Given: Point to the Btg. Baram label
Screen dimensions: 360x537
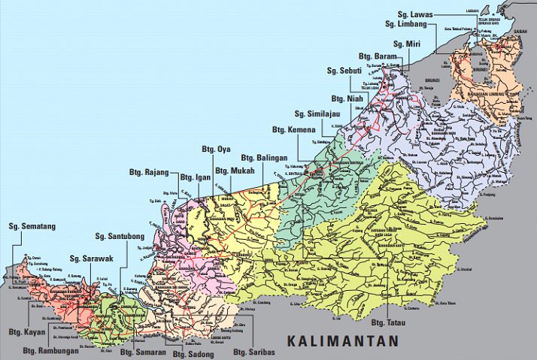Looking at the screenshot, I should click(x=378, y=57).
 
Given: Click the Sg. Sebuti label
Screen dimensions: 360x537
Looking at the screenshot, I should click(x=345, y=71).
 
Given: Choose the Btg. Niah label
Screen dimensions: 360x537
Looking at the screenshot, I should click(x=347, y=98).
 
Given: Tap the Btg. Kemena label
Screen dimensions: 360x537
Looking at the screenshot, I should click(x=295, y=130).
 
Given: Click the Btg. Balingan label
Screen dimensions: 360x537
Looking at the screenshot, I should click(x=263, y=158).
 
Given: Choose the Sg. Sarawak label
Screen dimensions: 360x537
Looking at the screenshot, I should click(x=91, y=259).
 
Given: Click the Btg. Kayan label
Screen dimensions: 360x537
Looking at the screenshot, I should click(x=28, y=331).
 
